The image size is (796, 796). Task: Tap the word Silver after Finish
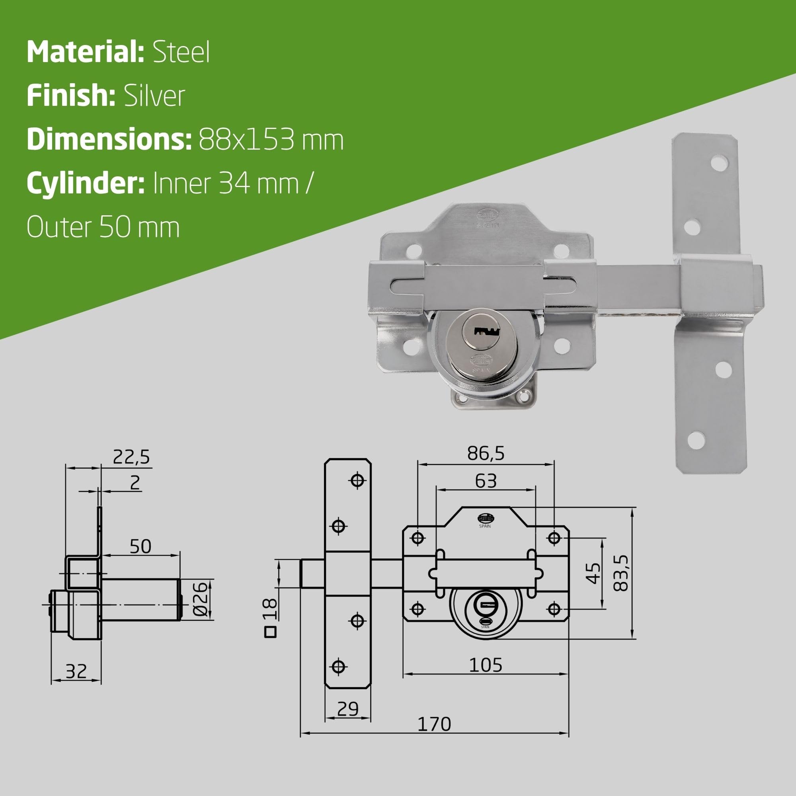154,96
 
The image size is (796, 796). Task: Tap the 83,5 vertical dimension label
621,573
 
